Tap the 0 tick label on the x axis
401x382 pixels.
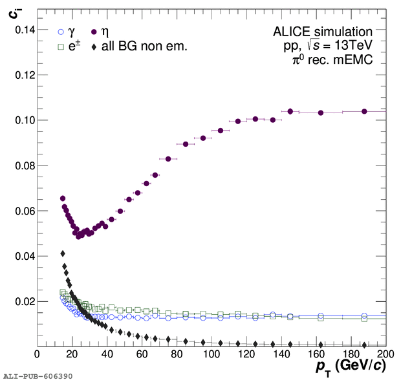click(37, 355)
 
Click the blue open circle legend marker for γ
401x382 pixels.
click(61, 31)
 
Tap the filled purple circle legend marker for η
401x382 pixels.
click(93, 31)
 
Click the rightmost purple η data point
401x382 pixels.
click(364, 111)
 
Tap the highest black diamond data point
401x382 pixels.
click(63, 253)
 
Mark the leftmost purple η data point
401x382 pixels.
click(63, 198)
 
